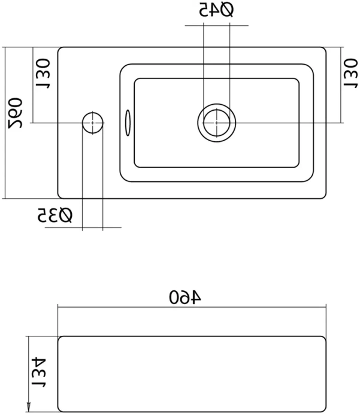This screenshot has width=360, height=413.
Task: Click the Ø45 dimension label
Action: click(x=217, y=10)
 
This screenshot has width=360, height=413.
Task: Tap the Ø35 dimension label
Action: click(x=55, y=215)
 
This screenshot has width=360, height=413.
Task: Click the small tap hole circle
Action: click(x=92, y=123)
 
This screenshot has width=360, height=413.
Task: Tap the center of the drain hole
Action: click(x=216, y=123)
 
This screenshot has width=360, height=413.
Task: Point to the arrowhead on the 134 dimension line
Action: click(x=28, y=407)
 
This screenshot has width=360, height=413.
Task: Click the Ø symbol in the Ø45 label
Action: click(x=226, y=10)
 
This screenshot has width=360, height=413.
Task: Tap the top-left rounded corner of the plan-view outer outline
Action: click(x=60, y=49)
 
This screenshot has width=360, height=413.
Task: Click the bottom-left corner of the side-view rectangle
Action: click(x=59, y=410)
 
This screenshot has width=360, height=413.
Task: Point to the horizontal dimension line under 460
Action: click(x=192, y=308)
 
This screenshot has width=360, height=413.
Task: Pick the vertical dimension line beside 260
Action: click(x=5, y=123)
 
